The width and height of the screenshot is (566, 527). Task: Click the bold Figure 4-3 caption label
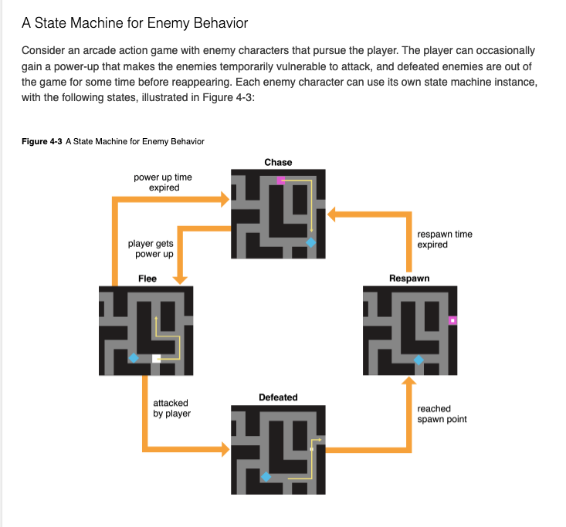point(40,141)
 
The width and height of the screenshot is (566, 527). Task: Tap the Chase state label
point(278,162)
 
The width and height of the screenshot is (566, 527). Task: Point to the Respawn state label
point(409,279)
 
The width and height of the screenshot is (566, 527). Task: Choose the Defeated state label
point(278,397)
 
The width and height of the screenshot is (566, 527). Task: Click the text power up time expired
point(163,182)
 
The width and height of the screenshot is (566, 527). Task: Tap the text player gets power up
point(151,248)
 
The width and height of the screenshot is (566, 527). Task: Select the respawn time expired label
point(444,239)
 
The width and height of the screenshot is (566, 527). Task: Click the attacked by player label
point(171,408)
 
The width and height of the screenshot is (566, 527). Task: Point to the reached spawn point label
point(442,414)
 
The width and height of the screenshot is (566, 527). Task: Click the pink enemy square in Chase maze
point(281,181)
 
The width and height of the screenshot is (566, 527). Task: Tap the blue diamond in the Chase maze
point(311,242)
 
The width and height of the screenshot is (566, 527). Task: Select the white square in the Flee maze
point(157,358)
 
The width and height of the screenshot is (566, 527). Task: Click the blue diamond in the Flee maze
point(134,358)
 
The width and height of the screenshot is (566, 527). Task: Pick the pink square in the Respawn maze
point(452,319)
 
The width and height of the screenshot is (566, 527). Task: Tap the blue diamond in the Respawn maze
point(419,360)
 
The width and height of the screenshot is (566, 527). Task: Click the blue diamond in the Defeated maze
point(266,478)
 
